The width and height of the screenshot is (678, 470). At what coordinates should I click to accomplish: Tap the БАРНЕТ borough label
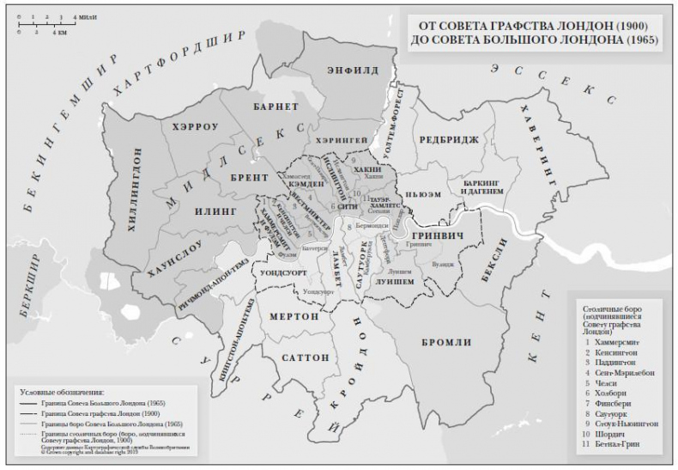(275, 107)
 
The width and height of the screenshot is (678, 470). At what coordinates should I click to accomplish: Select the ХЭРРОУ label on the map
(196, 125)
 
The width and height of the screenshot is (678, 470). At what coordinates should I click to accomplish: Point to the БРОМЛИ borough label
(446, 342)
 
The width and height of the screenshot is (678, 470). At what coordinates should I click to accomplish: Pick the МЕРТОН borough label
(294, 316)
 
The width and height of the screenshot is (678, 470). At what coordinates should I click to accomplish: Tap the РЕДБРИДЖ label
(448, 139)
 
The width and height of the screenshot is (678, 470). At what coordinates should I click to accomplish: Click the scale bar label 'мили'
(86, 17)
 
